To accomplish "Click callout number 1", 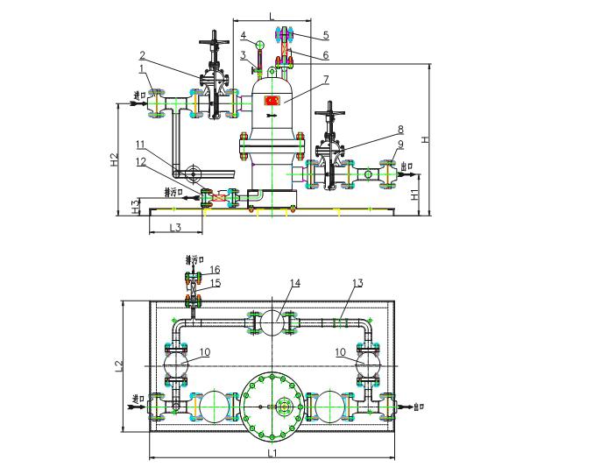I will [141, 68].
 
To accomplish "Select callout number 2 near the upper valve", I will [142, 55].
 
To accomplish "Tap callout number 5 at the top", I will [325, 36].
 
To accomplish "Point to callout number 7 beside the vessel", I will [325, 79].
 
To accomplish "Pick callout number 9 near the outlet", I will [400, 144].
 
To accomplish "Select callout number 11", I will [139, 143].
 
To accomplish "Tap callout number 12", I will [141, 160].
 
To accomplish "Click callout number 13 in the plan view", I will [357, 282].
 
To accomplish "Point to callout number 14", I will [295, 282].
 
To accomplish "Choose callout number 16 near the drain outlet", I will [215, 269].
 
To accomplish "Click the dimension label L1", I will [272, 453].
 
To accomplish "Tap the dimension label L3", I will [173, 228].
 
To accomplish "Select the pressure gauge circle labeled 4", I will [260, 44].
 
